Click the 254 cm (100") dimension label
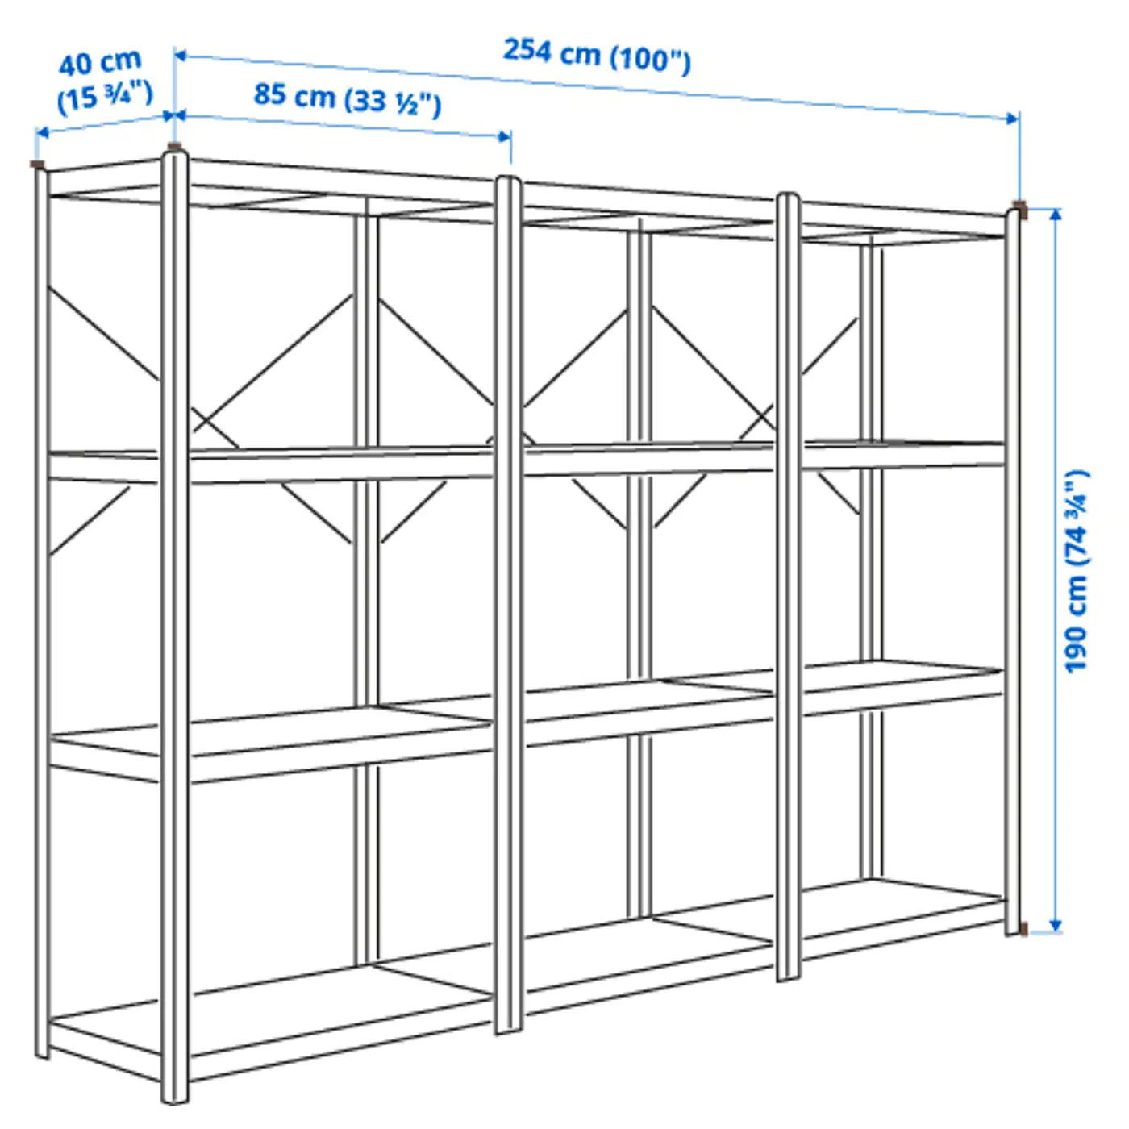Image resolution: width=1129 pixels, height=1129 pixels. point(597,54)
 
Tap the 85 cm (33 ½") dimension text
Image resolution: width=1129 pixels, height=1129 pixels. point(348,98)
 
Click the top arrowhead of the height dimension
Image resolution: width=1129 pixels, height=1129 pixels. point(1056,215)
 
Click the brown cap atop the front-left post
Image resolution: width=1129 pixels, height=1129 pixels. point(174,147)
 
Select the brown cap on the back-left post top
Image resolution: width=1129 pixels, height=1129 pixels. point(37,165)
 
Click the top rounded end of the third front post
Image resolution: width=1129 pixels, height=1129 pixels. point(788,198)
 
